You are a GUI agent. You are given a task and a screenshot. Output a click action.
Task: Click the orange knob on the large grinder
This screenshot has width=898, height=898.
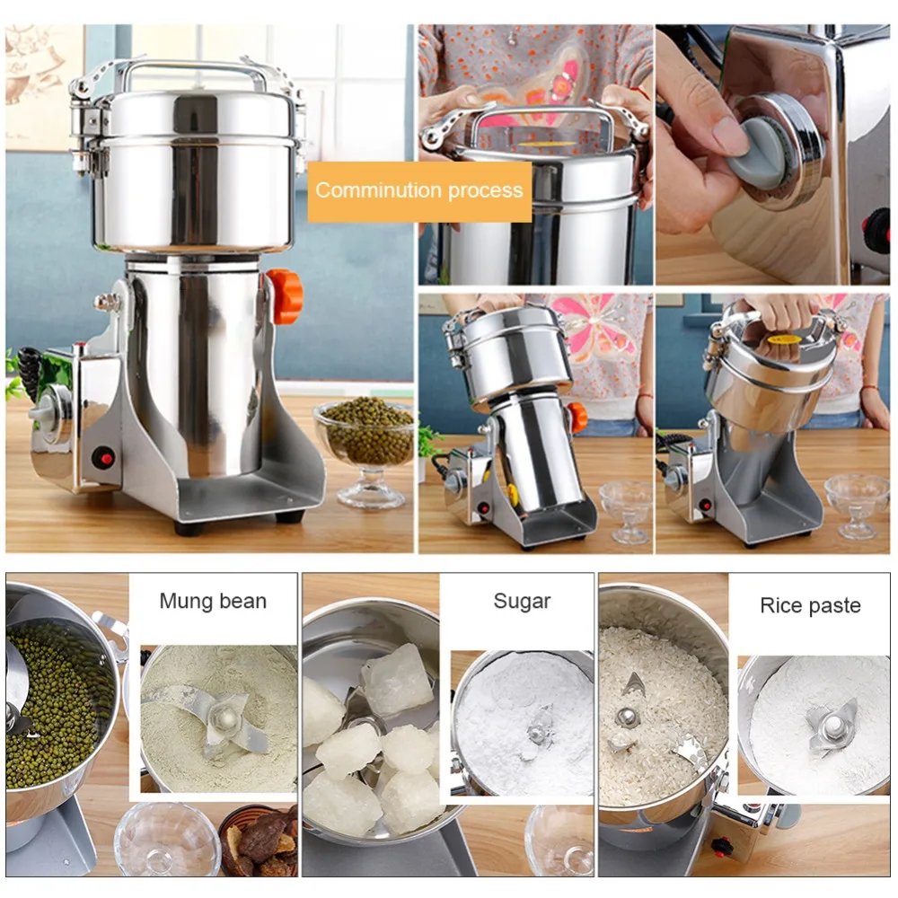(285, 296)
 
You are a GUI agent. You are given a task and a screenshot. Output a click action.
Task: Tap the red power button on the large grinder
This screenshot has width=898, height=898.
(103, 458)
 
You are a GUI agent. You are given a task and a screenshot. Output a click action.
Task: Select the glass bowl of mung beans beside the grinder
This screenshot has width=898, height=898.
(365, 450)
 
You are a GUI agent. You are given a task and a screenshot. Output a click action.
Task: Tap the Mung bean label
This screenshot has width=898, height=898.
(213, 601)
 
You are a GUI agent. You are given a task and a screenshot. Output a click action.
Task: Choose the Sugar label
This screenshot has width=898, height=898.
(522, 602)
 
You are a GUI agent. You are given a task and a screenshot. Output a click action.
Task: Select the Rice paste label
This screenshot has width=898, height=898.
(810, 605)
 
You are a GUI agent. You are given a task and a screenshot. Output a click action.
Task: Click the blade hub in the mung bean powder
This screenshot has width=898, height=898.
(223, 717)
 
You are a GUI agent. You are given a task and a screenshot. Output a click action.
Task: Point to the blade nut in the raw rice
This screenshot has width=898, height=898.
(627, 717)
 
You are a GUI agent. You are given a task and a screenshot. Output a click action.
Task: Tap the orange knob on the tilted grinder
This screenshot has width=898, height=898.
(577, 417)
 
